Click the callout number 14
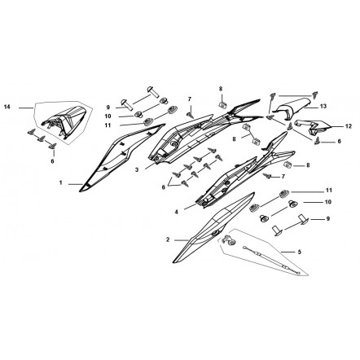(7, 107)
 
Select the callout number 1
(61, 183)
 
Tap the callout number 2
(168, 239)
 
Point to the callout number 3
(137, 170)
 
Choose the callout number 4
(177, 212)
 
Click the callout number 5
(300, 252)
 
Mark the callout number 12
(349, 126)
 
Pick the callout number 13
(323, 106)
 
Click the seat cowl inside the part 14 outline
(65, 121)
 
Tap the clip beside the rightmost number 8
(288, 165)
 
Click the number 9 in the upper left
(108, 107)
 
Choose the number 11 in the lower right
(329, 191)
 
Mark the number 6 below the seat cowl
(52, 161)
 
